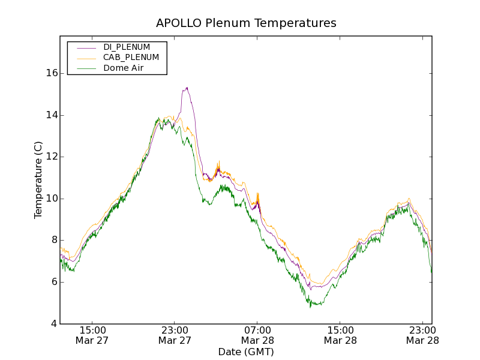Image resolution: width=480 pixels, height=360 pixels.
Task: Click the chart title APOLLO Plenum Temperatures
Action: [246, 23]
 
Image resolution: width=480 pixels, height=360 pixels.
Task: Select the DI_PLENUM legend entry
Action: [127, 47]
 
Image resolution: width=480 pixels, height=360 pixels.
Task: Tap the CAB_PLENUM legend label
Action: [131, 58]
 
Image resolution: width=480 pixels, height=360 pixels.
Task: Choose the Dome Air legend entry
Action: [124, 68]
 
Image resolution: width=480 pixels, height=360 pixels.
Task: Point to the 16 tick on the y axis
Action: [52, 73]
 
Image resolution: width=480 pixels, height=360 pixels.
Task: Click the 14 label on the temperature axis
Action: [52, 115]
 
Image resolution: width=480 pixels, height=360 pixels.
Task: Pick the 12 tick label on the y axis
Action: [52, 157]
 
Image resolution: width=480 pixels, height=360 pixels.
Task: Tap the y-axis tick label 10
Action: [52, 199]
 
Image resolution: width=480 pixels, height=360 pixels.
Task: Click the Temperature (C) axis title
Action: [38, 180]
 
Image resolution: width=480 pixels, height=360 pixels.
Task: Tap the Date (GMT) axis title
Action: [246, 352]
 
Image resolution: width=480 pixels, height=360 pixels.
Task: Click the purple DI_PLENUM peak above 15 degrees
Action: [187, 88]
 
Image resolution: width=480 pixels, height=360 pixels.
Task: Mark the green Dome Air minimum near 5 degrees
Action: [311, 305]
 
